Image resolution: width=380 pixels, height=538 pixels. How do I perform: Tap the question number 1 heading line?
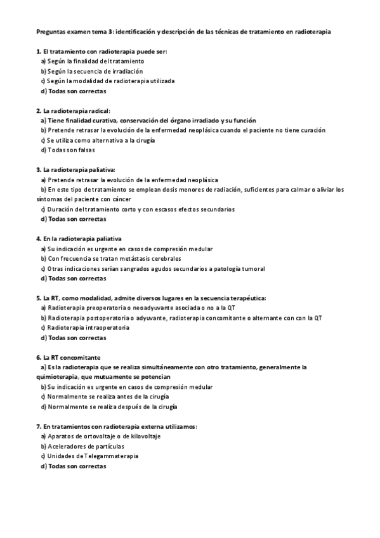[x=102, y=51]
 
